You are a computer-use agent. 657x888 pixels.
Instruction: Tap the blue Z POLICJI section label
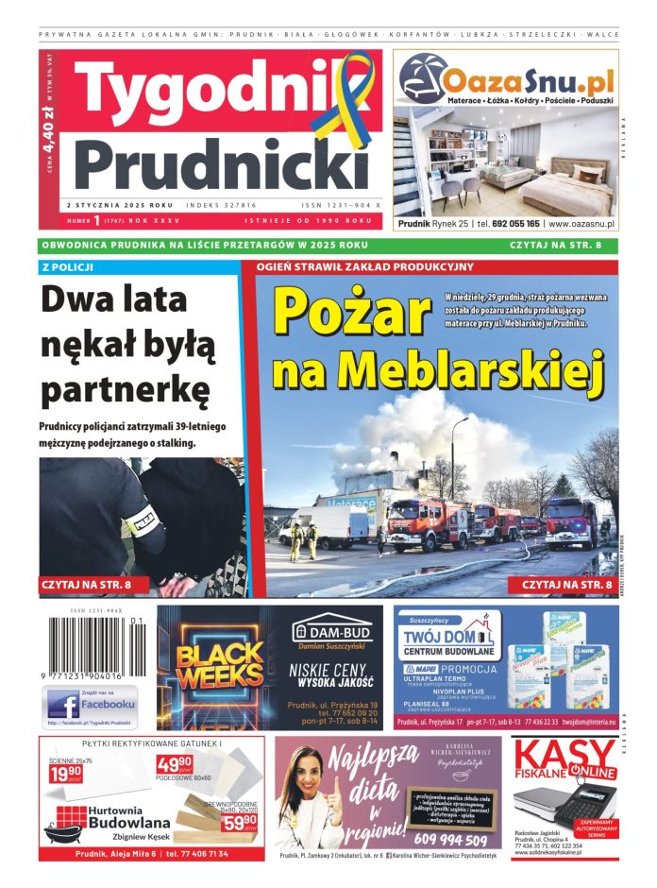67,267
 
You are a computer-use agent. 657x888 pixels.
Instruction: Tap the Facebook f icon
65,705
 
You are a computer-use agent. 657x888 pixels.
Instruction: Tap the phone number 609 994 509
451,840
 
